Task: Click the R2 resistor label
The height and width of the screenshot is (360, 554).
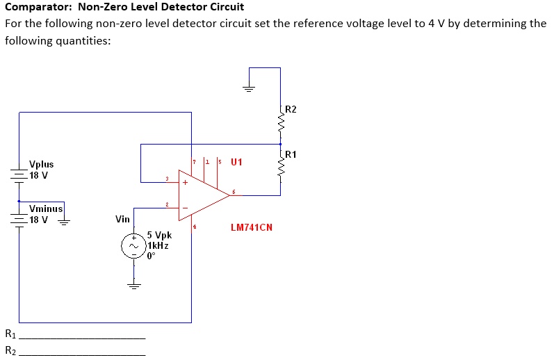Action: pyautogui.click(x=291, y=110)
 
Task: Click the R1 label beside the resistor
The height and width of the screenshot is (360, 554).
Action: pyautogui.click(x=291, y=154)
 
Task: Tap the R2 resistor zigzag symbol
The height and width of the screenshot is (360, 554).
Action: pyautogui.click(x=281, y=124)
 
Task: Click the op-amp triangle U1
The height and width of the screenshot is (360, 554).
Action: pyautogui.click(x=202, y=195)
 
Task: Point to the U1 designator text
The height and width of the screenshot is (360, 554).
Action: pyautogui.click(x=236, y=163)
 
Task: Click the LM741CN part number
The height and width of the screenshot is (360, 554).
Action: pyautogui.click(x=251, y=227)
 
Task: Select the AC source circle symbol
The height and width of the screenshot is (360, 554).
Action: pyautogui.click(x=133, y=245)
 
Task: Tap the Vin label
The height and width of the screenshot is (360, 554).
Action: pyautogui.click(x=122, y=219)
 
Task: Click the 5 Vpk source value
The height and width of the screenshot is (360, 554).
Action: pyautogui.click(x=159, y=236)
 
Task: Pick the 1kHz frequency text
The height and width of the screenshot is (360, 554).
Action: pyautogui.click(x=158, y=245)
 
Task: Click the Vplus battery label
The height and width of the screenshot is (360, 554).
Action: pyautogui.click(x=41, y=165)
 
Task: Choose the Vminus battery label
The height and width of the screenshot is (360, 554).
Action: pyautogui.click(x=46, y=208)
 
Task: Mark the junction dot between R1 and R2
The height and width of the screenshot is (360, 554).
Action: pyautogui.click(x=281, y=145)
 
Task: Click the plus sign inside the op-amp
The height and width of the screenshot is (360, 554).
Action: pyautogui.click(x=185, y=183)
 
